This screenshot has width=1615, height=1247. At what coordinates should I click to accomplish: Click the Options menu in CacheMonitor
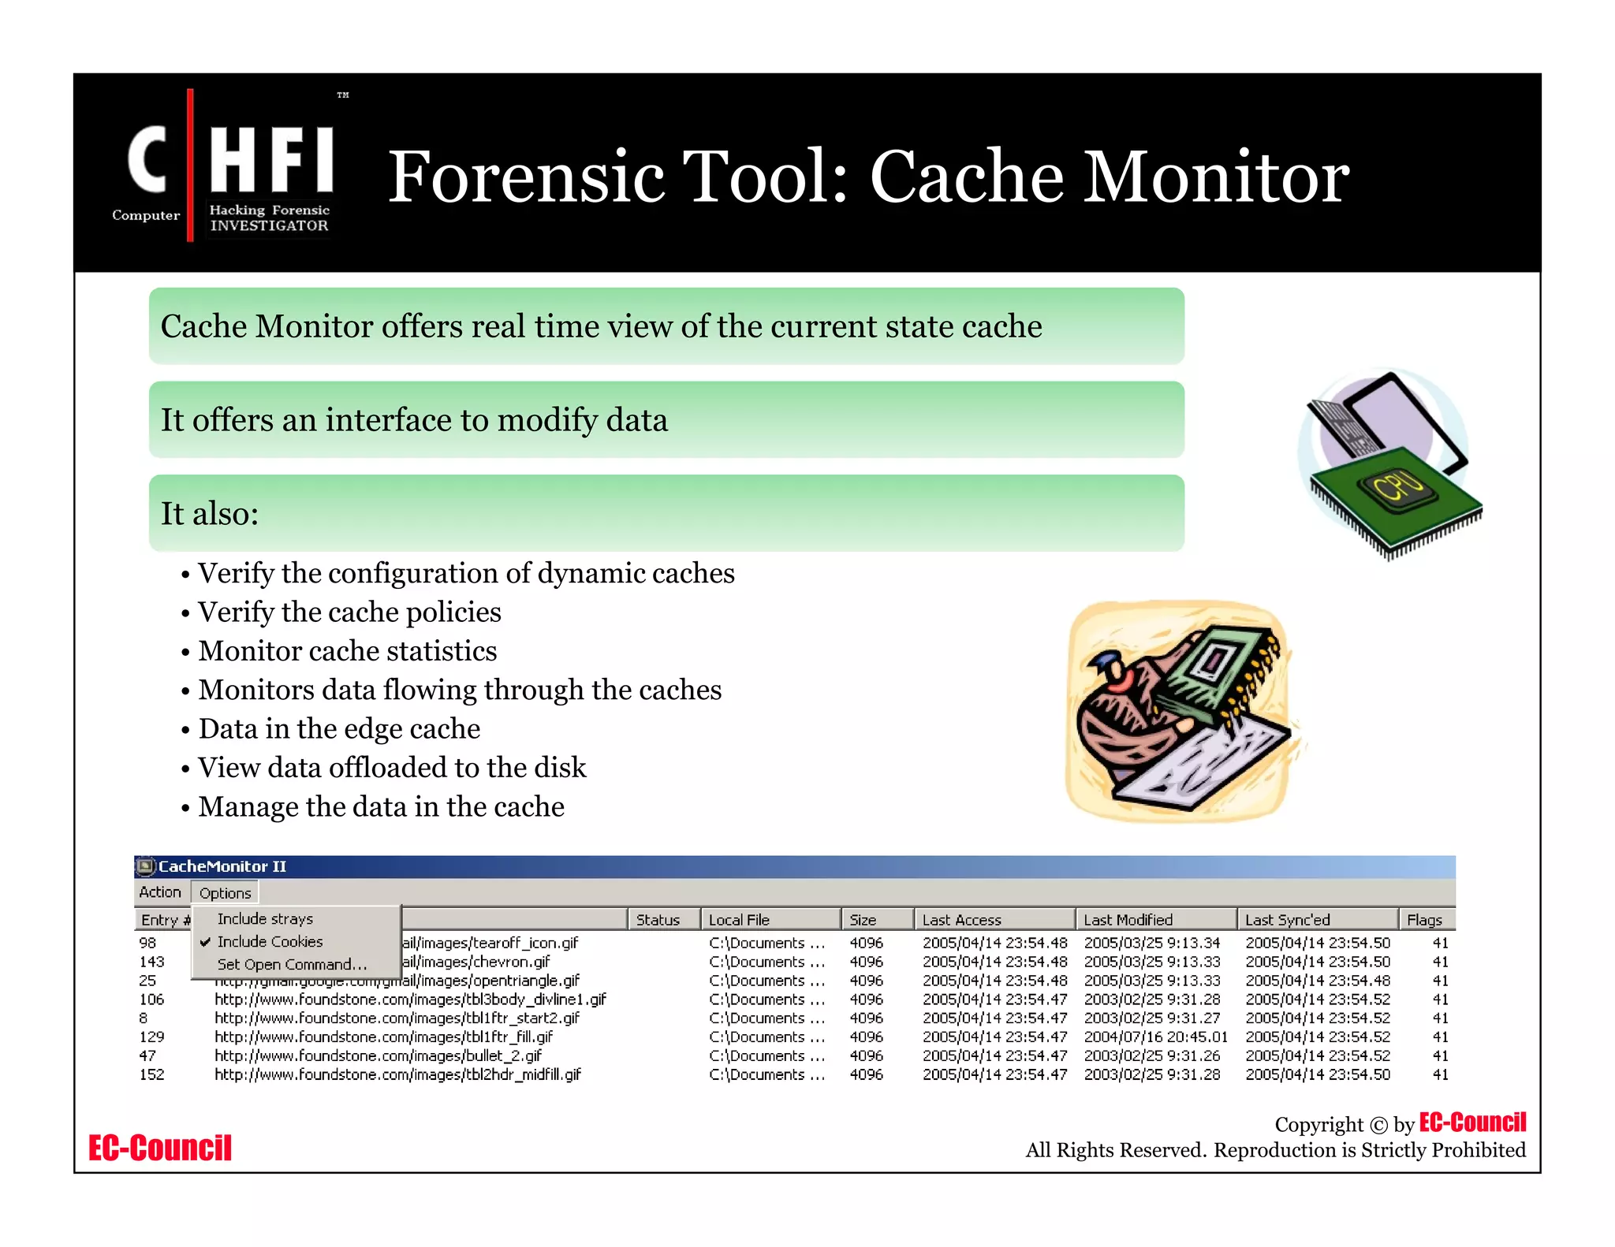coord(225,893)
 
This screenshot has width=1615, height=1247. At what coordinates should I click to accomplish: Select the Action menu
coord(160,892)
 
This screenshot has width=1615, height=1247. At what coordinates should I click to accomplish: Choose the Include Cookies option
coord(270,942)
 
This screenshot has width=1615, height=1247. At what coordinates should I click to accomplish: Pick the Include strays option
coord(265,919)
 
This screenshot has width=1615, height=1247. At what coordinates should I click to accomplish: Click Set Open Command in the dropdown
coord(292,965)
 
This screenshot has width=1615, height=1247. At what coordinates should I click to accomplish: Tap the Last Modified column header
coord(1128,920)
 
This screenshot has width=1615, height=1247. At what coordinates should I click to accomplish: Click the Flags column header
coord(1424,920)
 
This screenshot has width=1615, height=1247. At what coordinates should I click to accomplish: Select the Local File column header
coord(739,920)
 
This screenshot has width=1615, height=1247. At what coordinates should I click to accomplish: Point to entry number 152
coord(151,1074)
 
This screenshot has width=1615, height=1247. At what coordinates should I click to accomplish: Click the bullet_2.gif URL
coord(378,1055)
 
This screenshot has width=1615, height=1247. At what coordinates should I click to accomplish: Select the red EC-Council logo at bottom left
coord(160,1148)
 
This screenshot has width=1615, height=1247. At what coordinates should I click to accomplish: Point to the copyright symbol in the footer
coord(1378,1125)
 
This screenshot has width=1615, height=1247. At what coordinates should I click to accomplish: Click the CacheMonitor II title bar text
coord(222,866)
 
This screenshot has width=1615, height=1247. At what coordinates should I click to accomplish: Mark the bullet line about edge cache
coord(339,728)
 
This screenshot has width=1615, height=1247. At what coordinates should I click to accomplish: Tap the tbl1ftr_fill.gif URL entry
coord(383,1037)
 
